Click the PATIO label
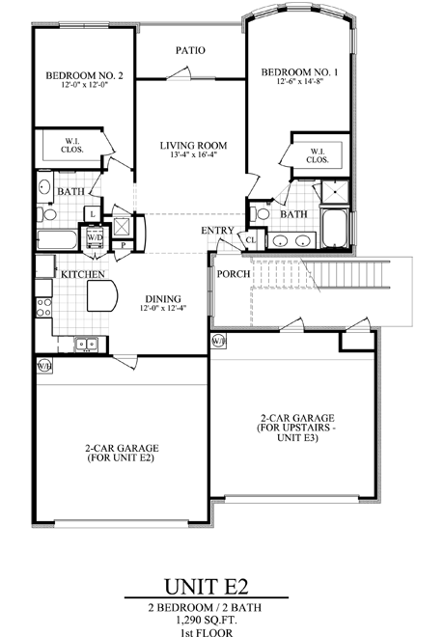tap(190, 50)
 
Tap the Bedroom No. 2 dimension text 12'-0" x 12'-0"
tap(84, 85)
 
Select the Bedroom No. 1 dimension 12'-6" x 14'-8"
tap(300, 81)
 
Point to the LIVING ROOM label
tap(193, 146)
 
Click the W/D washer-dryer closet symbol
tap(95, 236)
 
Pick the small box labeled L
tap(93, 213)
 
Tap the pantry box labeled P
tap(124, 245)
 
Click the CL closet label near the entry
tap(251, 240)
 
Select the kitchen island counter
tap(102, 295)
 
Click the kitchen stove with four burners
tap(43, 308)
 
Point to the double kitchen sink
tap(87, 345)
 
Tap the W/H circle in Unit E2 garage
tap(43, 366)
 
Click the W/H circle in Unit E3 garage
tap(218, 341)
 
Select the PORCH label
tap(234, 274)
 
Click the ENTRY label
tap(217, 231)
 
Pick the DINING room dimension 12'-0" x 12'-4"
tap(163, 308)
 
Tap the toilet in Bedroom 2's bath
tap(46, 214)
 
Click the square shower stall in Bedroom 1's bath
tap(335, 191)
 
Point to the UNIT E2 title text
tap(206, 586)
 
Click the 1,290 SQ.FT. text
tap(206, 620)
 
